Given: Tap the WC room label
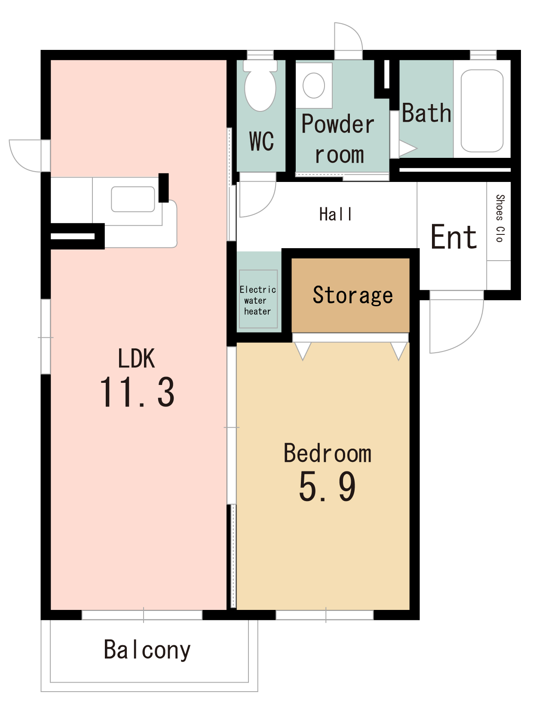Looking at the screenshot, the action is coord(261,141).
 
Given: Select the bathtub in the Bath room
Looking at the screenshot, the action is coord(482,111).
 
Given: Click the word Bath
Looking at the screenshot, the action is coord(426,113).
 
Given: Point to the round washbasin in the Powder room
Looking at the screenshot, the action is coord(313,86).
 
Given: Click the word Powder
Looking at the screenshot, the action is coord(338,124).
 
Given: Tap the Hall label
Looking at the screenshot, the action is coord(335,214).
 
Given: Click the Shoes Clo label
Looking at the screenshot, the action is coord(499,219).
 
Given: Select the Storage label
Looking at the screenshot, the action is coord(352,295).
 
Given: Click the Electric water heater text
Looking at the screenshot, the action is coord(258,300).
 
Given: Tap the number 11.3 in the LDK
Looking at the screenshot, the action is coord(137,392).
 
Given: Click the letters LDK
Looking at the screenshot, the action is coord(136,358).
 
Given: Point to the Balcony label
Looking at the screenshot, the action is coord(147,649).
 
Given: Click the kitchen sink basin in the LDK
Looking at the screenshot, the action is coord(133,199).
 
